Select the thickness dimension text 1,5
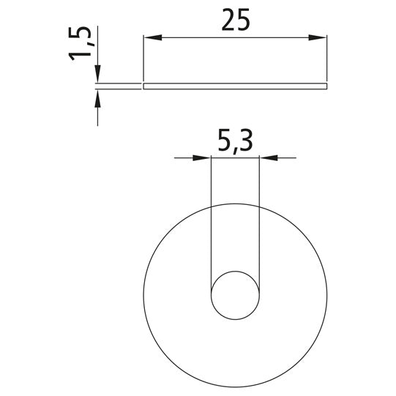tap(83, 45)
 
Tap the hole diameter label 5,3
tap(235, 141)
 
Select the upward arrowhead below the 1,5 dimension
tap(97, 97)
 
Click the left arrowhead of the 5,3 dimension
tap(202, 157)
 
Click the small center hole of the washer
tap(235, 296)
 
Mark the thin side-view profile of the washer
tap(234, 86)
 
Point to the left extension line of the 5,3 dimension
tap(211, 220)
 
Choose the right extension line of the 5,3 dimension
tap(259, 220)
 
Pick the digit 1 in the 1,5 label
tap(83, 57)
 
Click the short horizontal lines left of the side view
tap(117, 86)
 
